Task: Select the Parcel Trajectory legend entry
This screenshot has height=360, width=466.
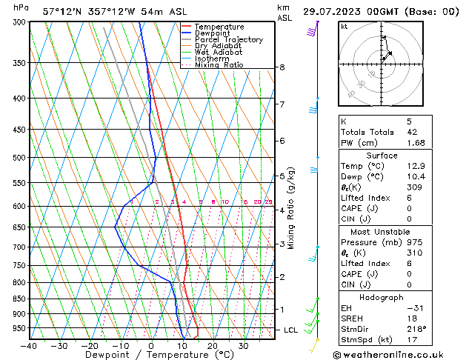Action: pos(228,40)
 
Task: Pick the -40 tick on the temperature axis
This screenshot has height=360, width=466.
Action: pos(29,345)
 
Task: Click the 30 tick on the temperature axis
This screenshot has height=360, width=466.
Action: pos(243,345)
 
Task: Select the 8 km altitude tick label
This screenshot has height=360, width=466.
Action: pos(282,67)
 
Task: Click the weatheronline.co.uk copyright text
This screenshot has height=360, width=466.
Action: pos(403,354)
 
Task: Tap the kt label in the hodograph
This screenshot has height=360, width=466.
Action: pos(344,27)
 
